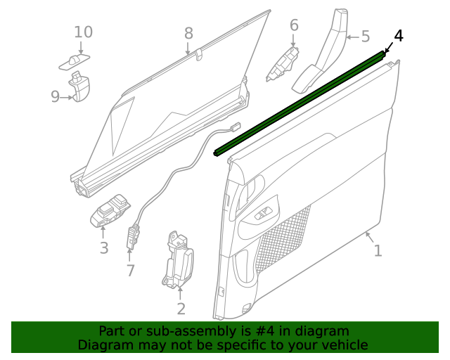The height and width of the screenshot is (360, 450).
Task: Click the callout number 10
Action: (x=83, y=32)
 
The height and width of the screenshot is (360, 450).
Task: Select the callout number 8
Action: (x=188, y=33)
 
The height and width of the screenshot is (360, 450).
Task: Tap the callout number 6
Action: (x=294, y=26)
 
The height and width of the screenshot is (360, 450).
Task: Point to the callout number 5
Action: (x=365, y=36)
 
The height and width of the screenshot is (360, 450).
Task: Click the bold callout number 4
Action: (x=399, y=36)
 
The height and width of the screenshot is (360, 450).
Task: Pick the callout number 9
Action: (x=55, y=97)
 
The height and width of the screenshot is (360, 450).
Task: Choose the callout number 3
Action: (x=103, y=247)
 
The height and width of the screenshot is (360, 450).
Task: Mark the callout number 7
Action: (x=130, y=270)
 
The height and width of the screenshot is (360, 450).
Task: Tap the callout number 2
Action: (x=181, y=309)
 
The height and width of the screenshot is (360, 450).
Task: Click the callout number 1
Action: (x=378, y=250)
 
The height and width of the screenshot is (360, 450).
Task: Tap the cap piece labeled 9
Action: (x=81, y=89)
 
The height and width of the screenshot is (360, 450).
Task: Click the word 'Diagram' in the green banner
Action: (x=103, y=345)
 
